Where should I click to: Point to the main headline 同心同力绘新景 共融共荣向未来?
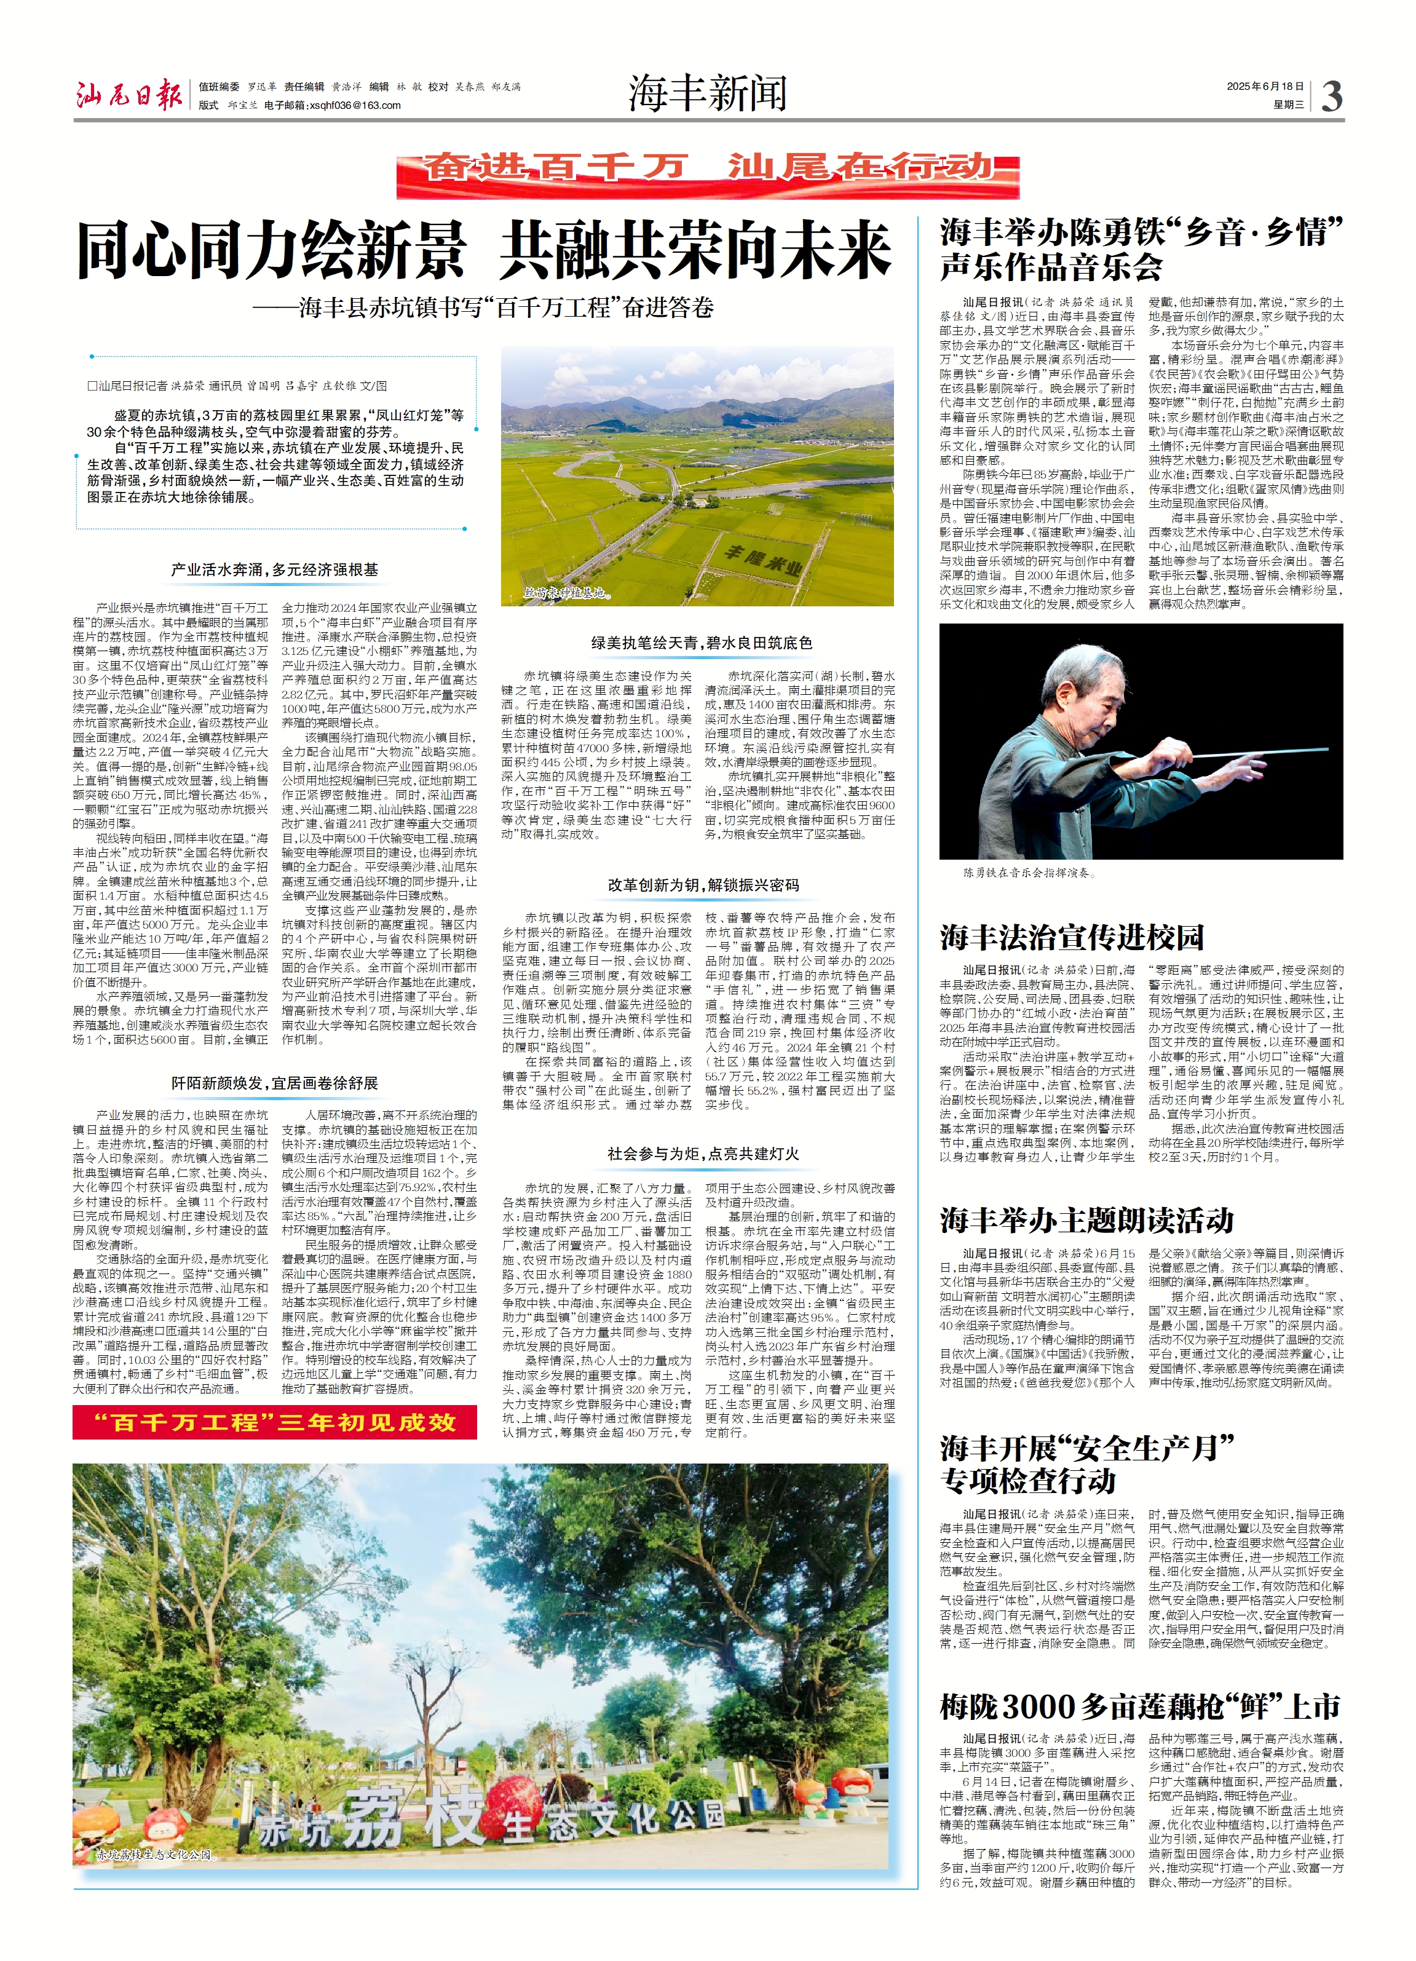pos(484,251)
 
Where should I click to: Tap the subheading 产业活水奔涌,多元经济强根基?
pos(275,570)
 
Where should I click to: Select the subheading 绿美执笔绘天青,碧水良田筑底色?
pos(701,643)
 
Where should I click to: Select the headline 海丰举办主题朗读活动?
pos(1086,1220)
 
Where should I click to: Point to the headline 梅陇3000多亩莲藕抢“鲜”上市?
pos(1140,1705)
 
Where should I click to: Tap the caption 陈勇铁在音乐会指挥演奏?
pos(1029,873)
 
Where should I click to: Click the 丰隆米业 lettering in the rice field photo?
pos(763,560)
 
